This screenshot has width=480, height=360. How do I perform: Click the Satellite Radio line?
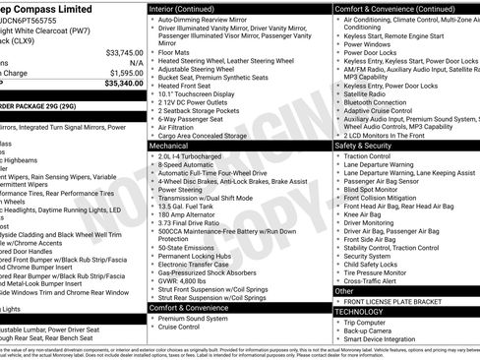[x=369, y=94]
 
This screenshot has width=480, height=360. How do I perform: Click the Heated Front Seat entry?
[x=184, y=86]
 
